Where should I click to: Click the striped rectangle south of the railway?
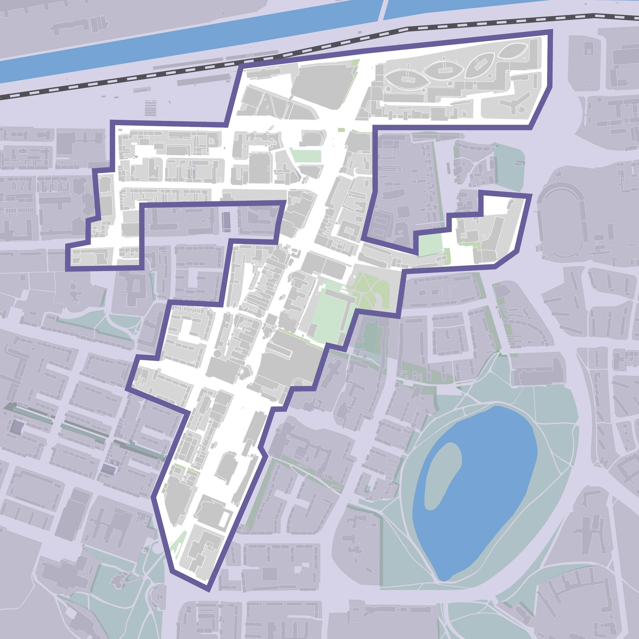(x=150, y=107)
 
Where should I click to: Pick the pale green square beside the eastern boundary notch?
(x=430, y=245)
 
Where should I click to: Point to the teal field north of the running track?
(x=509, y=165)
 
